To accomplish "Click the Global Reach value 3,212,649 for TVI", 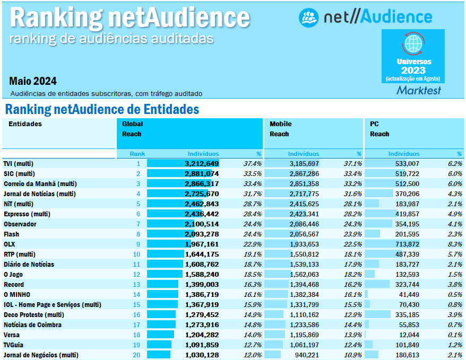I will tap(202, 164).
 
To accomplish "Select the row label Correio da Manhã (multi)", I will tap(32, 183).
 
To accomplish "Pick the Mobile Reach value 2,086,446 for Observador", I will tap(304, 224).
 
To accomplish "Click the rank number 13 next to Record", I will tap(137, 285).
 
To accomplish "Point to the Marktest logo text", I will tap(419, 91).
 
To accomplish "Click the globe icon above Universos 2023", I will tap(413, 43).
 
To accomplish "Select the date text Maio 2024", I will tap(33, 81).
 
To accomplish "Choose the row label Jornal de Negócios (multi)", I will tap(40, 355).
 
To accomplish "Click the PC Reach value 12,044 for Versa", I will tap(407, 335).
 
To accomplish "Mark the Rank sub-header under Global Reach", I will tap(137, 154).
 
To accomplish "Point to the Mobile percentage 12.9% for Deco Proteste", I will tap(352, 315).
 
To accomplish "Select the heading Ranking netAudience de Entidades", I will tap(102, 110).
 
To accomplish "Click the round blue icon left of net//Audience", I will tap(308, 17).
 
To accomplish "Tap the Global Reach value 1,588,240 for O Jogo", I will tap(202, 275).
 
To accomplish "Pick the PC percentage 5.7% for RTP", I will tap(454, 254).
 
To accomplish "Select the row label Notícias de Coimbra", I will tap(32, 325).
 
